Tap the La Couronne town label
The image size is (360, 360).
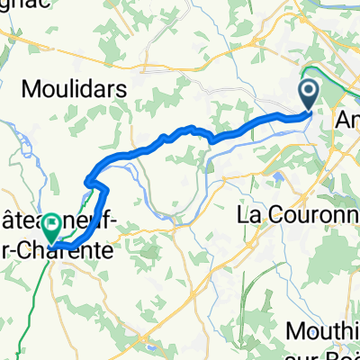pos(297,216)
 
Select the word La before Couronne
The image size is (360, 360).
pos(248,216)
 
